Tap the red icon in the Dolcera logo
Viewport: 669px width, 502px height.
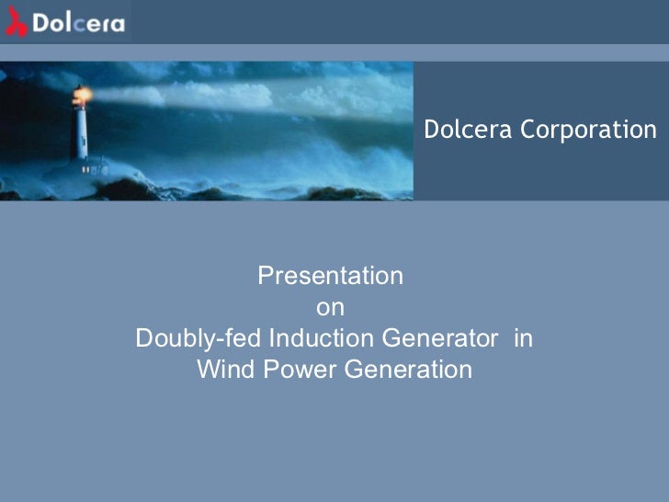[16, 23]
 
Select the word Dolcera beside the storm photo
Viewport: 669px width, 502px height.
[469, 131]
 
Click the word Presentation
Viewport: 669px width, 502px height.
[330, 276]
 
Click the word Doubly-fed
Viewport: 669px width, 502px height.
[198, 338]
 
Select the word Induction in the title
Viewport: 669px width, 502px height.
[319, 338]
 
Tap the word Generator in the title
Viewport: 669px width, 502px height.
[440, 338]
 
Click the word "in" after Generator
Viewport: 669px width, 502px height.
[524, 338]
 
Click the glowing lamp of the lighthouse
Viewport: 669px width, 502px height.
[83, 95]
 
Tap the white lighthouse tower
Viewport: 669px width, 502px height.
[83, 133]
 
